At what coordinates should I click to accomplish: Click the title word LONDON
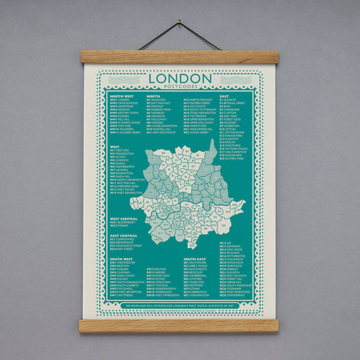(x=180, y=78)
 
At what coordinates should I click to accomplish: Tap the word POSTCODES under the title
(x=180, y=88)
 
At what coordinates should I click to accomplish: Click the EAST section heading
(x=224, y=97)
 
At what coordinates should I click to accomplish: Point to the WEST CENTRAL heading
(x=124, y=219)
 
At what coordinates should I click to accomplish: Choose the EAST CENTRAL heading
(x=124, y=235)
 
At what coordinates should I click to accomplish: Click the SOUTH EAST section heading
(x=195, y=259)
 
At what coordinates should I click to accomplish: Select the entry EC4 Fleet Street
(x=125, y=250)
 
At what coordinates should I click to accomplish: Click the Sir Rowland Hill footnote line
(x=180, y=305)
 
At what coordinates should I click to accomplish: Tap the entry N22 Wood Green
(x=197, y=133)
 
